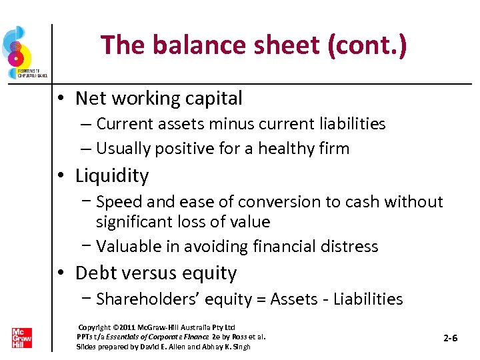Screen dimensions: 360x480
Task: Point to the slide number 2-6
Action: (x=451, y=338)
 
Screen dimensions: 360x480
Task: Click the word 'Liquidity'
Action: (x=112, y=176)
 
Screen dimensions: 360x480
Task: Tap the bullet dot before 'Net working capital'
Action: (x=60, y=99)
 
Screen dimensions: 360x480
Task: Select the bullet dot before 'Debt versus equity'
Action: (x=60, y=273)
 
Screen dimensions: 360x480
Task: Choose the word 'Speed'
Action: (x=119, y=202)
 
